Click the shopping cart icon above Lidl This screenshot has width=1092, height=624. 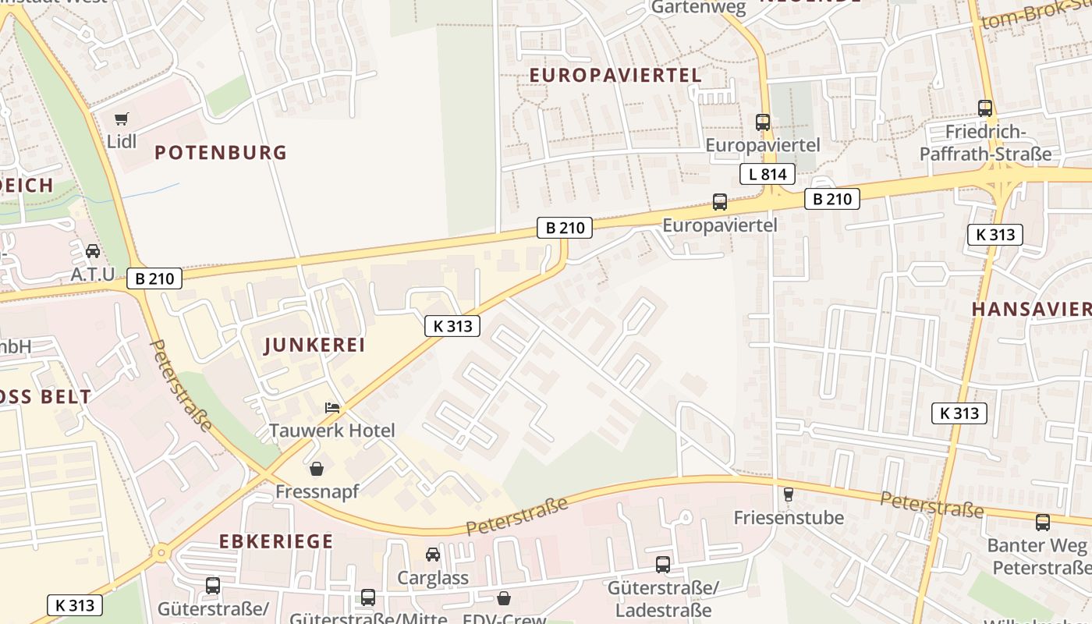click(121, 119)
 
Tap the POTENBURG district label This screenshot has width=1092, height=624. click(221, 152)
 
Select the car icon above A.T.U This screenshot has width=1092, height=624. click(93, 251)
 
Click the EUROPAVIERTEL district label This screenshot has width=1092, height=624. click(615, 75)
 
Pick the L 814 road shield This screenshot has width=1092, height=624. click(767, 174)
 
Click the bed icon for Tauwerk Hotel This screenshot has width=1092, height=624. click(332, 408)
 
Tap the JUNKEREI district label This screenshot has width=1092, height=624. click(314, 345)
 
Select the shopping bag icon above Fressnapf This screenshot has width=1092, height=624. click(317, 469)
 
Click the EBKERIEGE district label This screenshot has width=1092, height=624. click(275, 541)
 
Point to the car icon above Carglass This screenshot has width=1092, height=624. click(433, 555)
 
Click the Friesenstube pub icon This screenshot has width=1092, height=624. click(789, 495)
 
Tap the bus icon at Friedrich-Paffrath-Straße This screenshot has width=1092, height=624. click(985, 108)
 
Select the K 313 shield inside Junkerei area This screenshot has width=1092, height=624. click(452, 326)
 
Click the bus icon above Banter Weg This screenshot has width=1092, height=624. click(1043, 523)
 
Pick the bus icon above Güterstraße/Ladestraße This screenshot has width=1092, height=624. click(663, 565)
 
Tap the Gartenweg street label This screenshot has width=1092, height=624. click(698, 7)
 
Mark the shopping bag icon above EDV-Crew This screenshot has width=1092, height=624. click(505, 598)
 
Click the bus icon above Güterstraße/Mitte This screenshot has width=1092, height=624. click(368, 597)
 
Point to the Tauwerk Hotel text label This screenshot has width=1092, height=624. click(331, 430)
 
